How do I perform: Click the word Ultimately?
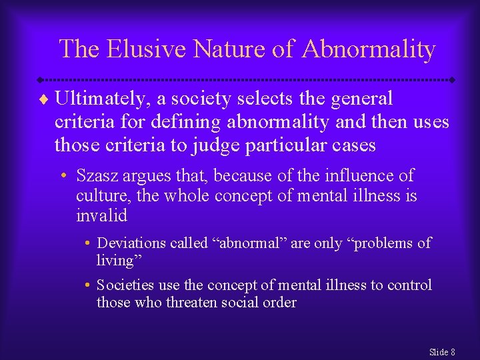coord(103,99)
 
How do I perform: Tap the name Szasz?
coord(97,177)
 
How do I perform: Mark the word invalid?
coord(101,215)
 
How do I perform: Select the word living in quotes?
coord(117,261)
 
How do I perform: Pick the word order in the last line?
coord(279,303)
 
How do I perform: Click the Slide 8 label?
coord(442,351)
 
